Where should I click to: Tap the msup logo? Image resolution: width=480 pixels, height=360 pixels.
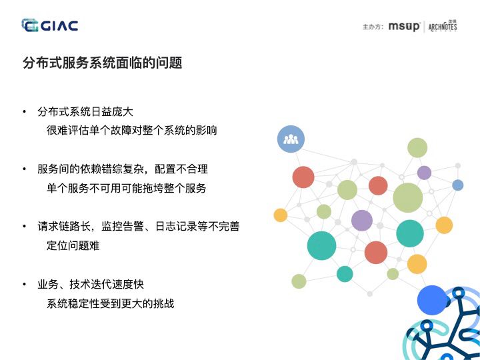tap(405, 27)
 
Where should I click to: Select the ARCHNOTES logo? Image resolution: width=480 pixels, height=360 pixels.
tap(443, 27)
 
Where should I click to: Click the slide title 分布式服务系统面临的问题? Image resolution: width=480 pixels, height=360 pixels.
tap(102, 63)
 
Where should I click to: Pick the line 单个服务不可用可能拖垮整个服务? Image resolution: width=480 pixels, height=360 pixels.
tap(127, 188)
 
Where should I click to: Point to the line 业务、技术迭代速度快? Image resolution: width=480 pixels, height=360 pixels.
tap(91, 285)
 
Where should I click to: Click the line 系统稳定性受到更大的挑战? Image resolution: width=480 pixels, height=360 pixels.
tap(110, 303)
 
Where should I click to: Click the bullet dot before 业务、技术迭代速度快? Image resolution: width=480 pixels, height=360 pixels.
tap(25, 285)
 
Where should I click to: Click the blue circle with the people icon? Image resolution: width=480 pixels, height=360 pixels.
tap(291, 139)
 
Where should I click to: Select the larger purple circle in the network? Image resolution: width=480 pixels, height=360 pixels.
tap(361, 220)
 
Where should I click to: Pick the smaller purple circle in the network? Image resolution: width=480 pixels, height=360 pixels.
tap(424, 173)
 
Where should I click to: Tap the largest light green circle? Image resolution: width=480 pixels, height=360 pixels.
tap(407, 197)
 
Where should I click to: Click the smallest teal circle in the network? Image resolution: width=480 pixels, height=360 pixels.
tap(345, 273)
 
